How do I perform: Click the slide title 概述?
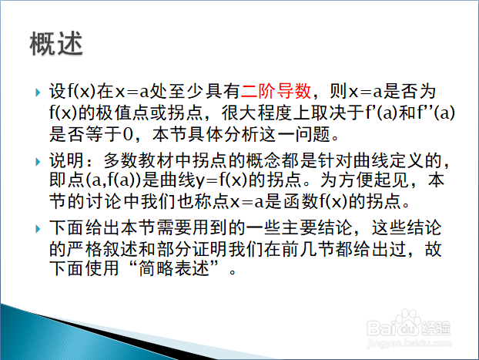56,43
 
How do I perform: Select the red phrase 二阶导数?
276,91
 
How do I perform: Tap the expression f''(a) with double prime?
436,113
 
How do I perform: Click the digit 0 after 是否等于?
127,134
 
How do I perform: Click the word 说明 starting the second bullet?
66,160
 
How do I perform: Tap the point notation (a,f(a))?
114,180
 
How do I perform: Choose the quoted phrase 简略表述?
174,268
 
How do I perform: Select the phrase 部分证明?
193,249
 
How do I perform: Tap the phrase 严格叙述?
102,249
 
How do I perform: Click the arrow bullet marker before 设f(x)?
38,92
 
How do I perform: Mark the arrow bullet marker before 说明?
38,161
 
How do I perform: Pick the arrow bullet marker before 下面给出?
38,229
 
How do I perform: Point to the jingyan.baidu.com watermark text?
409,343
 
